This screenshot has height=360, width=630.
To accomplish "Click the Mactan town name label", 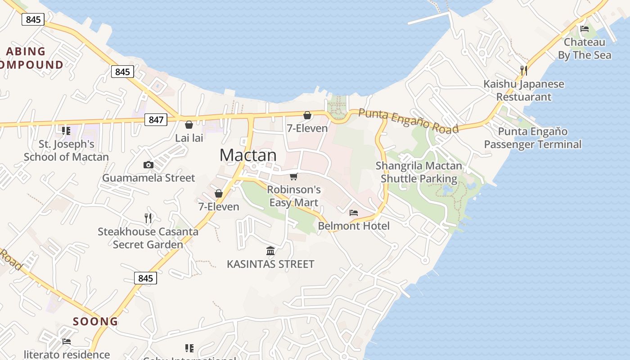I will pyautogui.click(x=248, y=155).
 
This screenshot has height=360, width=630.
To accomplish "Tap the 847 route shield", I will pyautogui.click(x=156, y=120).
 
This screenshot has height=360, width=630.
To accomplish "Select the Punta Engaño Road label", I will pyautogui.click(x=409, y=121).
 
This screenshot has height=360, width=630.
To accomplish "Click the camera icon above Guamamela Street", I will pyautogui.click(x=148, y=165).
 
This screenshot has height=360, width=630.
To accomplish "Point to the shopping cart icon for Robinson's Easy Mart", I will pyautogui.click(x=294, y=176).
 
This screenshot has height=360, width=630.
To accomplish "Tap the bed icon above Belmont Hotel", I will pyautogui.click(x=354, y=212).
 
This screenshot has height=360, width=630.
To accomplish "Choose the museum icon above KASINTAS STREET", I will pyautogui.click(x=270, y=251).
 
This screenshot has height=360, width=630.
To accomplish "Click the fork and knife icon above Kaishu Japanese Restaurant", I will pyautogui.click(x=523, y=70).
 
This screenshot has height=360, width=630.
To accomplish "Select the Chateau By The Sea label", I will pyautogui.click(x=585, y=49).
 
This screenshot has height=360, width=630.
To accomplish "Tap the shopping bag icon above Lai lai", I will pyautogui.click(x=189, y=125).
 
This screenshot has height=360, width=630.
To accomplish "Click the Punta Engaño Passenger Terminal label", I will pyautogui.click(x=533, y=138).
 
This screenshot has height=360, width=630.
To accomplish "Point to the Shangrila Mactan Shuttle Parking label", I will pyautogui.click(x=419, y=172).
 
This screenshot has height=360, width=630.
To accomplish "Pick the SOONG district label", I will pyautogui.click(x=95, y=322).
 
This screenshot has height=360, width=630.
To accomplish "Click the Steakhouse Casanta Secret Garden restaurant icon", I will pyautogui.click(x=148, y=218).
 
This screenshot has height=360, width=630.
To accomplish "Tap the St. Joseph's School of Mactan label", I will pyautogui.click(x=66, y=151).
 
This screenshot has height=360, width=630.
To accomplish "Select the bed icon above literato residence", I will pyautogui.click(x=67, y=342).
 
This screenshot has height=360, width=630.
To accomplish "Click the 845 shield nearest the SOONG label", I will pyautogui.click(x=145, y=278).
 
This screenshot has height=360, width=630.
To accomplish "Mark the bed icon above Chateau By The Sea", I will pyautogui.click(x=585, y=29).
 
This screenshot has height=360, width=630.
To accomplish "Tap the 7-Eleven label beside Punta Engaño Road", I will pyautogui.click(x=307, y=129).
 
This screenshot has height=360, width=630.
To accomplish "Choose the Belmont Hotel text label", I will pyautogui.click(x=354, y=226).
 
